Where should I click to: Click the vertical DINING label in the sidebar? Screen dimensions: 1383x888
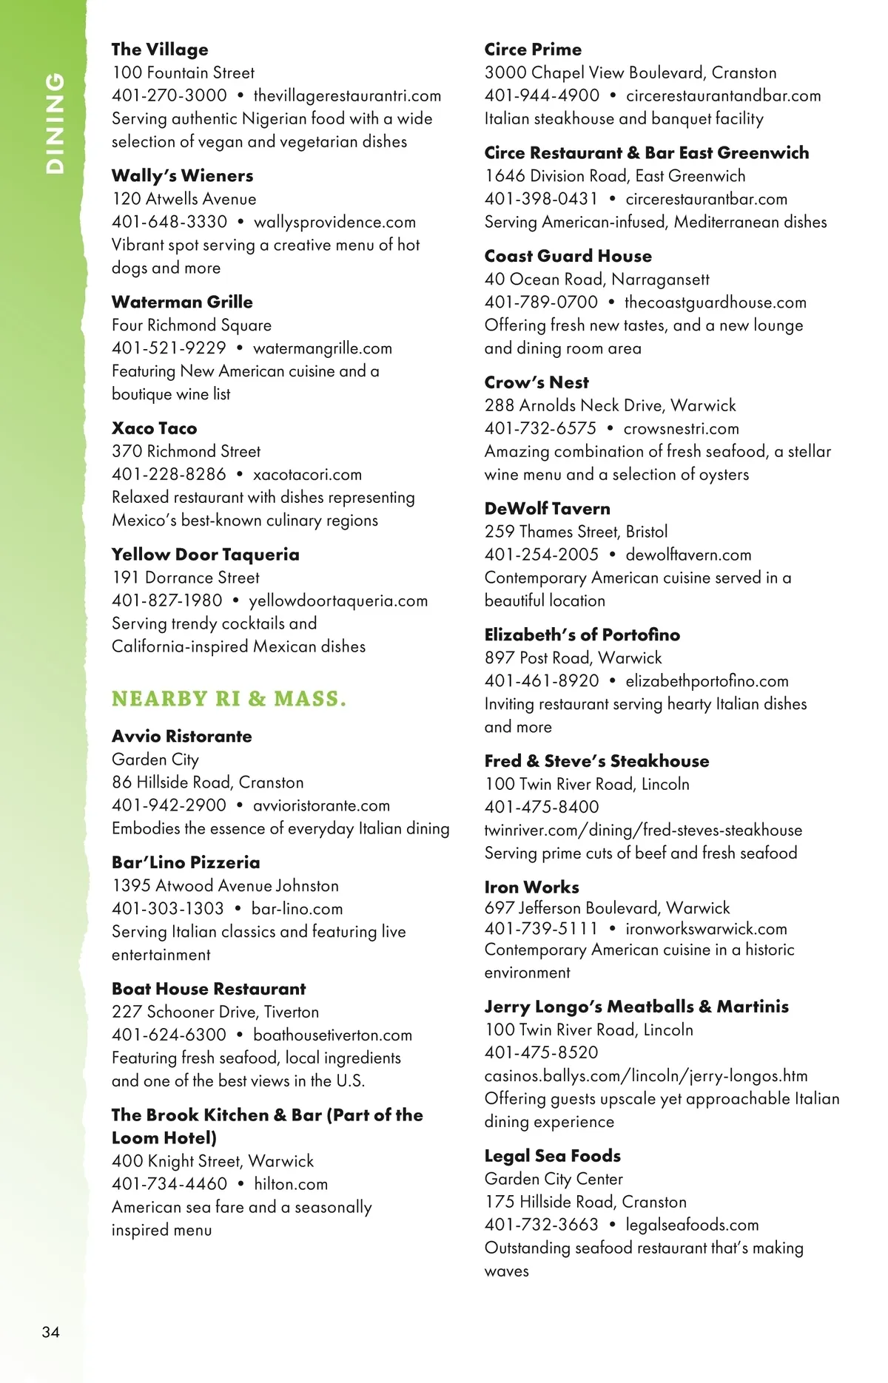point(55,123)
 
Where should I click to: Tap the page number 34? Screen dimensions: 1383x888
point(50,1332)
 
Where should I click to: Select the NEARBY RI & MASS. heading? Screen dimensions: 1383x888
point(229,699)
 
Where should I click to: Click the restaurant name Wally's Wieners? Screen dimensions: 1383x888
point(182,176)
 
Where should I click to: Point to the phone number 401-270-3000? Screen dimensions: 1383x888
point(169,95)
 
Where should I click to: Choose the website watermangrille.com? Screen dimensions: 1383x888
point(323,348)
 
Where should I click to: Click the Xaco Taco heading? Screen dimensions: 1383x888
point(154,428)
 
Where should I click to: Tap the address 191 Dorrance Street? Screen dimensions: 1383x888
point(186,578)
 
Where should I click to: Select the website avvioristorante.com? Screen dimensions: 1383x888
point(321,805)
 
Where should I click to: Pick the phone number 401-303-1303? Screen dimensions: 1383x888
point(168,908)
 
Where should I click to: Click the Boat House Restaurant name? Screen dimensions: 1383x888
point(209,989)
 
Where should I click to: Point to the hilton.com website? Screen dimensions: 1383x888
point(291,1184)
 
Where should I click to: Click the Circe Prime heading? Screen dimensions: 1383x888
point(533,50)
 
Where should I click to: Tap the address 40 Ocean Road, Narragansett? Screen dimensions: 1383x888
point(596,280)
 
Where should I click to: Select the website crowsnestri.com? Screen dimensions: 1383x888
point(681,429)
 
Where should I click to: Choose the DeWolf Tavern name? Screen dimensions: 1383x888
point(548,509)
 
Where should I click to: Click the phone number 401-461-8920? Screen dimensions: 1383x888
point(542,681)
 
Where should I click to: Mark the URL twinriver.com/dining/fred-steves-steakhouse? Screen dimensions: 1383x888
point(643,831)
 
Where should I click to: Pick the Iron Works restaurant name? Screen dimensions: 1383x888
point(531,887)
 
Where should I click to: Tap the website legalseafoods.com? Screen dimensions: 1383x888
point(692,1225)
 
